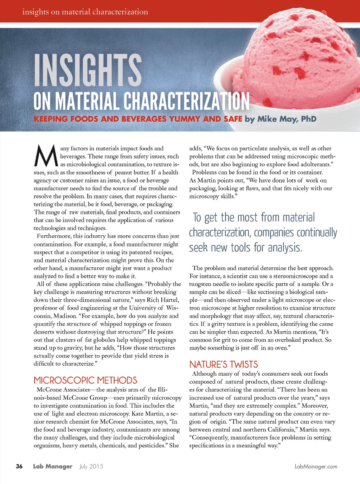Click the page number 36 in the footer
click(x=19, y=466)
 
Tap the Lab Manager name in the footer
click(x=53, y=466)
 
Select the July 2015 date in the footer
click(x=91, y=466)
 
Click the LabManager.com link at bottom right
click(x=316, y=467)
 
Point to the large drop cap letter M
click(x=46, y=157)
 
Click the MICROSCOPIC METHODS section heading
click(x=85, y=380)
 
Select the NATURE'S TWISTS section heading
click(x=224, y=364)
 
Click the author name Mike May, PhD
click(x=287, y=119)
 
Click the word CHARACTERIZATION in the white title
click(x=186, y=101)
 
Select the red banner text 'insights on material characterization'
click(x=85, y=12)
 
